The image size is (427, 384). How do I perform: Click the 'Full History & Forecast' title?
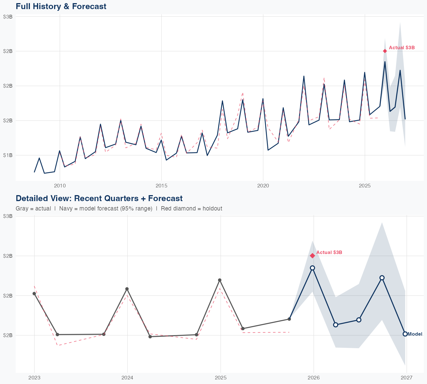tap(61, 7)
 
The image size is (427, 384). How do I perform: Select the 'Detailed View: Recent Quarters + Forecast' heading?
tap(99, 198)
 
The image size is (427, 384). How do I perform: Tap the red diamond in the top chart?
tap(385, 51)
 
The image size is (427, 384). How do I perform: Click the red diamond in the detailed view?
tap(312, 255)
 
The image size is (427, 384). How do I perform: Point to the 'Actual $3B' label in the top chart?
tap(402, 48)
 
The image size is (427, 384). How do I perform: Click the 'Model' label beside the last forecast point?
tap(415, 334)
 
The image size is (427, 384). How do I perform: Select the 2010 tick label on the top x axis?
tap(60, 186)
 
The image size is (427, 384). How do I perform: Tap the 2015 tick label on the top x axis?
tap(161, 186)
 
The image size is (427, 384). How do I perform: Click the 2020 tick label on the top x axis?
tap(263, 186)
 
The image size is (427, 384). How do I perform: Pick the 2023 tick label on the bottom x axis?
tap(34, 378)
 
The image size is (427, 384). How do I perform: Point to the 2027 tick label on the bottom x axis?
tap(407, 378)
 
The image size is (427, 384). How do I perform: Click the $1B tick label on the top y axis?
tap(8, 155)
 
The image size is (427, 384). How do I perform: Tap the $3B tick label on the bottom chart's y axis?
tap(8, 216)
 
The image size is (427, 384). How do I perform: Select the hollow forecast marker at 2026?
tap(312, 268)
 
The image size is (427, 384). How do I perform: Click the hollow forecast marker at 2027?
tap(405, 334)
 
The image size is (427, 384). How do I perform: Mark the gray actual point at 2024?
tap(127, 289)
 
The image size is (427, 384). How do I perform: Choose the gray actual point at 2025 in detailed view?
tap(219, 280)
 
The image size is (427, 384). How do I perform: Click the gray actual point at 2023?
tap(34, 294)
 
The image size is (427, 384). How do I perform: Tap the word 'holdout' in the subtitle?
tap(213, 208)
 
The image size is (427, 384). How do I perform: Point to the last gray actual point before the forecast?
tap(289, 319)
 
